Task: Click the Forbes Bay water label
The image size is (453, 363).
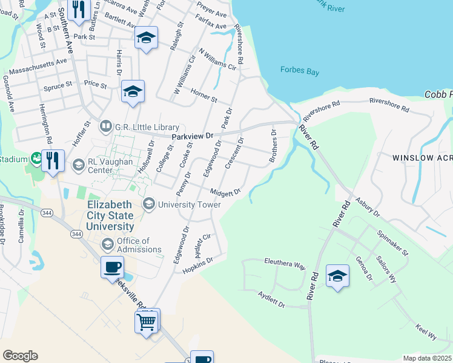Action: click(299, 71)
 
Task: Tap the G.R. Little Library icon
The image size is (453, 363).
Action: click(106, 126)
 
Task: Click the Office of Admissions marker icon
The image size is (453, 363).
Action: click(108, 244)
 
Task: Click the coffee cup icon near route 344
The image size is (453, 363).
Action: click(113, 267)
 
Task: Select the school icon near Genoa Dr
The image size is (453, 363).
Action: click(337, 276)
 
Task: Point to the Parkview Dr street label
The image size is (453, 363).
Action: click(193, 137)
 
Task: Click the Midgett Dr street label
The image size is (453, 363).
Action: click(225, 192)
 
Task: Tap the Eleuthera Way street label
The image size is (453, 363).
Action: click(285, 264)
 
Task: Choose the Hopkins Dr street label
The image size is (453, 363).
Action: click(198, 266)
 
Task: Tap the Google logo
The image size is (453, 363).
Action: click(20, 355)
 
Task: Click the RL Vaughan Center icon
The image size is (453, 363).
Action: click(78, 165)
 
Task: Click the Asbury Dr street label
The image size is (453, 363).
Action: click(368, 206)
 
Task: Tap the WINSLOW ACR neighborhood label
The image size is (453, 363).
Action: click(422, 157)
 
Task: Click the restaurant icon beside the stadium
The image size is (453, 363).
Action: click(53, 160)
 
